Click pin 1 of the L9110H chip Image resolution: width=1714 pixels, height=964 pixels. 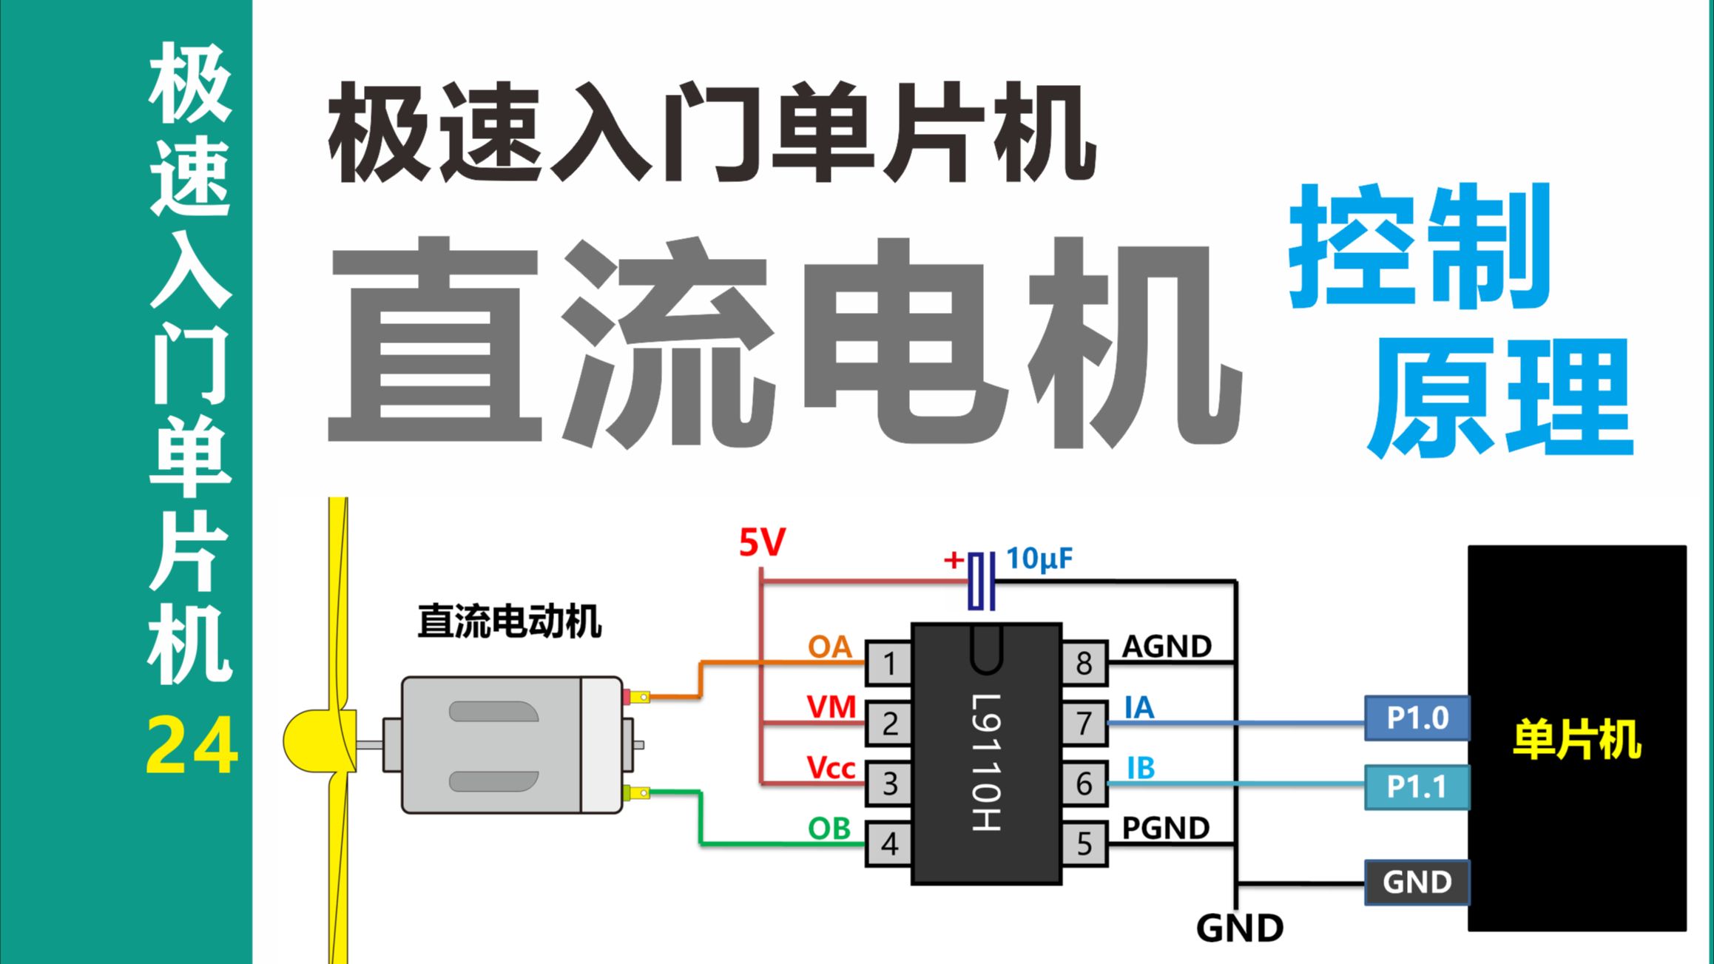(888, 663)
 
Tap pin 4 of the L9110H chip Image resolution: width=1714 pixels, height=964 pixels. (888, 843)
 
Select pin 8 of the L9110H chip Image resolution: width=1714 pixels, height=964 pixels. (1084, 663)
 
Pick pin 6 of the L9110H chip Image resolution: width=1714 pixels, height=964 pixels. (1084, 783)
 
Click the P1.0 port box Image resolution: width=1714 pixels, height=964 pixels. (1417, 718)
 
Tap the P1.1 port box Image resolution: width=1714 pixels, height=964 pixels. (1417, 786)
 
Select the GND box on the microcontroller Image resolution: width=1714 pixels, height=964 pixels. (1417, 882)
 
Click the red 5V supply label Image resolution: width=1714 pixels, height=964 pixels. (762, 544)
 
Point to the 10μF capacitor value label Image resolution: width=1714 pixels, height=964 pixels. (1039, 559)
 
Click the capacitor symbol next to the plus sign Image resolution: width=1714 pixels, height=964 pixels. (981, 582)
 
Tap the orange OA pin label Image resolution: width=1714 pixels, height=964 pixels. (829, 647)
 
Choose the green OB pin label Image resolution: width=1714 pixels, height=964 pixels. (829, 829)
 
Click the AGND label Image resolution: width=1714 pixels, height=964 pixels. (1167, 647)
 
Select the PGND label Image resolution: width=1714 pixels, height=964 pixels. (1165, 828)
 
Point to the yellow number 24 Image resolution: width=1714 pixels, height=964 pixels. (192, 747)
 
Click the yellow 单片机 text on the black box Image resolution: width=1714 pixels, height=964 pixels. (1576, 739)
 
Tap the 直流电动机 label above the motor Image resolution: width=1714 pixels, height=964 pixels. (509, 621)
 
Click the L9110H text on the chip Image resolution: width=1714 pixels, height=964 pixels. (986, 762)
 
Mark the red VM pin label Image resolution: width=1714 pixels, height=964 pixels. (831, 707)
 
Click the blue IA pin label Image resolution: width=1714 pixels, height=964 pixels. (1139, 708)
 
